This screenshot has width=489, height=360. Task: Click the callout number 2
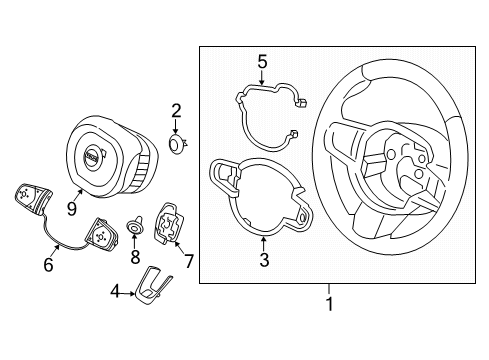click(175, 110)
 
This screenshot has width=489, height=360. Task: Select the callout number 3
click(264, 262)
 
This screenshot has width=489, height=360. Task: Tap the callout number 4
click(116, 293)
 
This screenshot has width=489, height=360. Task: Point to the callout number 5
click(262, 63)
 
